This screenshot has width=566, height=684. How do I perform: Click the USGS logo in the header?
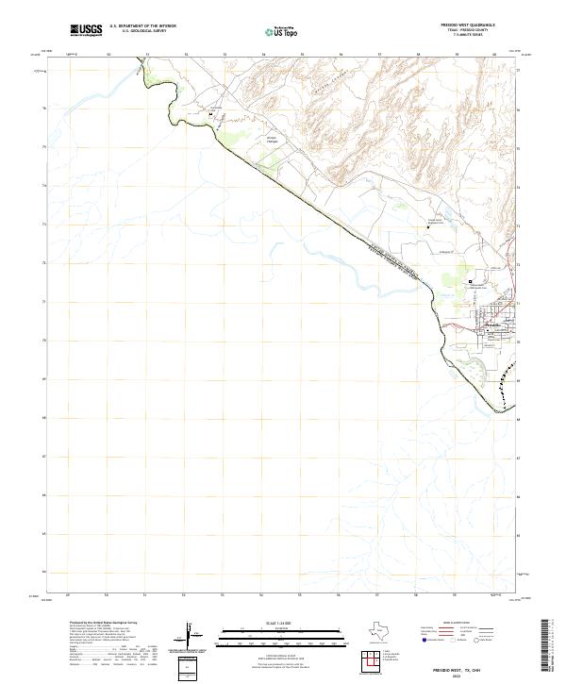[x=86, y=30]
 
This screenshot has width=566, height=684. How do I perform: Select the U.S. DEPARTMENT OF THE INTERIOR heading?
[x=143, y=26]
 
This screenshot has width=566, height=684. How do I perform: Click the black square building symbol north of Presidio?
[x=471, y=280]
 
